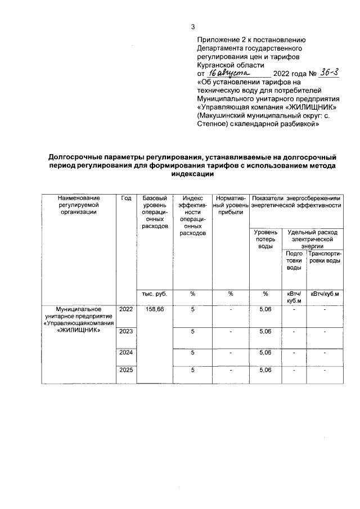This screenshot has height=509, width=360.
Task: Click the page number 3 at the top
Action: [x=193, y=27]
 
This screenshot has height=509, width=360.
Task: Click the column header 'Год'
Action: [x=126, y=199]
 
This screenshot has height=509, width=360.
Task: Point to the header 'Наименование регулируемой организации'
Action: [x=78, y=205]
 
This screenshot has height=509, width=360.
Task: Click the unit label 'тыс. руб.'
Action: [x=154, y=294]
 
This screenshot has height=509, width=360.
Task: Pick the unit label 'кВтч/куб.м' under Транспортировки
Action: [x=325, y=294]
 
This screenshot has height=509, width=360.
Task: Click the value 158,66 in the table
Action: [x=154, y=310]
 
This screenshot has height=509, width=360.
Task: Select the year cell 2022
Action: [x=126, y=310]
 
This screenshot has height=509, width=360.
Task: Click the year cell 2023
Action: [x=126, y=331]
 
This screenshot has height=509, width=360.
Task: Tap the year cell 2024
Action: [x=126, y=353]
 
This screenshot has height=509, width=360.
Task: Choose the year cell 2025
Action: [x=126, y=371]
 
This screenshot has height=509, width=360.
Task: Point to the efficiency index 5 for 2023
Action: [x=192, y=331]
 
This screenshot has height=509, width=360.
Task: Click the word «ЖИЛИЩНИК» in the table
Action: [x=79, y=330]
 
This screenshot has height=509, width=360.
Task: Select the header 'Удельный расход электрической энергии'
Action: [x=312, y=239]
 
